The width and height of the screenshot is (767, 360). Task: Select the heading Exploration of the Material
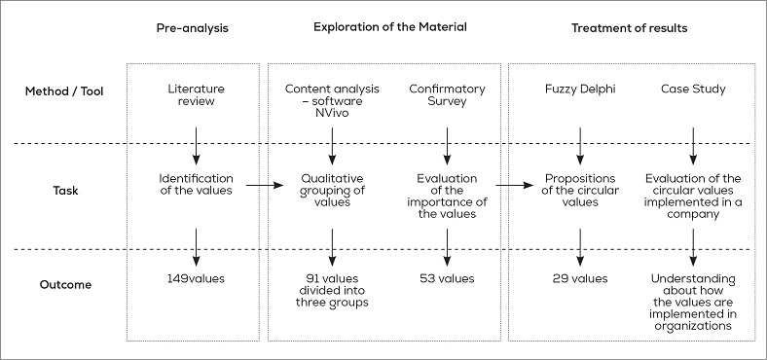coord(389,27)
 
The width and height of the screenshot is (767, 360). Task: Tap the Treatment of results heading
coord(629,28)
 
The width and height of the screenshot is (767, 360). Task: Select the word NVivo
coord(333,112)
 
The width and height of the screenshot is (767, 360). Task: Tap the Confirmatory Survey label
coord(447,96)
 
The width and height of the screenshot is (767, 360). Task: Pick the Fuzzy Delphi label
coord(580,90)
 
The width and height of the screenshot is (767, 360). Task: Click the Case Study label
coord(692,90)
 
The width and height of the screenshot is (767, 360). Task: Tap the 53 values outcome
coord(447,279)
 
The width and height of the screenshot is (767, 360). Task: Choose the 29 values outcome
coord(580,279)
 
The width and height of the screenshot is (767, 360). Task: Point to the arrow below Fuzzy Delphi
coord(580,145)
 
